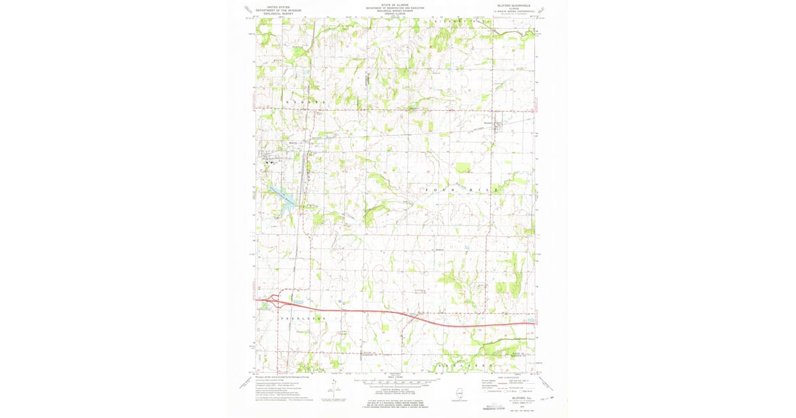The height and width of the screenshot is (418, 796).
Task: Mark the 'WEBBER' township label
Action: (306, 101)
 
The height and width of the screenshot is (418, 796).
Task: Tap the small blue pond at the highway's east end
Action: (530, 319)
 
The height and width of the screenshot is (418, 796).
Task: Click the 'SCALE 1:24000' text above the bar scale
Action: (397, 376)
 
